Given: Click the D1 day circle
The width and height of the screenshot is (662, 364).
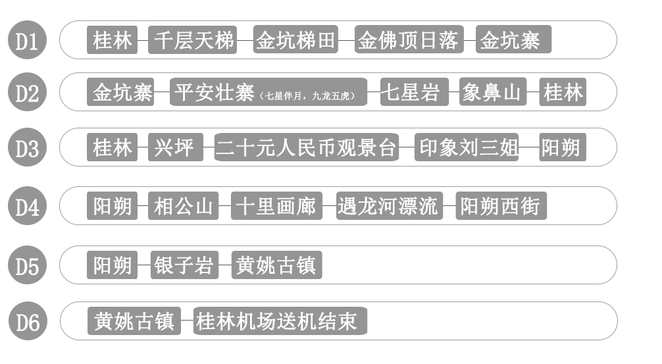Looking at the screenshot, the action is coord(27,39).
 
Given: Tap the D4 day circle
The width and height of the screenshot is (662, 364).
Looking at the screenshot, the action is coord(27,205).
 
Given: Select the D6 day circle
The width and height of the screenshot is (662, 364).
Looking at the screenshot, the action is coord(28,321).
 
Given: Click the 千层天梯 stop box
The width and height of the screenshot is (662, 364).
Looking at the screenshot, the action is coord(193,39).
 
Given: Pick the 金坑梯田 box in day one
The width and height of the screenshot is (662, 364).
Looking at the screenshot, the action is coord(295,39).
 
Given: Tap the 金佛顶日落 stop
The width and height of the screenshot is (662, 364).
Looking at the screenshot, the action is coord(409,39).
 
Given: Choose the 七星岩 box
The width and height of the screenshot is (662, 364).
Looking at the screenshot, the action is coord(414,91).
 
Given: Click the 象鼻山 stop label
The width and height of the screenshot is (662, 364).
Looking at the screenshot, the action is coord(493,91).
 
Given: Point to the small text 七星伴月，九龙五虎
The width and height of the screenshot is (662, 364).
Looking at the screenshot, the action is coord(307,96).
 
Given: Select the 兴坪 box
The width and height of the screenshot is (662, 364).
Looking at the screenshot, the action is coord(176,147).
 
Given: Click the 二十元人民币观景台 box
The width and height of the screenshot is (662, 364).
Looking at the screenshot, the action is coord(307,147).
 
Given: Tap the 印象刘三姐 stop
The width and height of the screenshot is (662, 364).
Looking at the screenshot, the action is coord(467,147).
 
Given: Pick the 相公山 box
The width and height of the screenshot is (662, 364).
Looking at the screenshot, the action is coord(183,205).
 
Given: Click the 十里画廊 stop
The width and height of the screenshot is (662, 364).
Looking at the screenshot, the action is coord(276,205).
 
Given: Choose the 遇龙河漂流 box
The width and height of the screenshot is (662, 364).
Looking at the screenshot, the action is coord(390,205).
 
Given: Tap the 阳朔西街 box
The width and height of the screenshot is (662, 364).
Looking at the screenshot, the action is coord(501,205).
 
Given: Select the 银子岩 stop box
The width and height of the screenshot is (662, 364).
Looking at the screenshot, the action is coord(184,265).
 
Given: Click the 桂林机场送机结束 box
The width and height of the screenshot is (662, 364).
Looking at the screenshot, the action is coord(280,321).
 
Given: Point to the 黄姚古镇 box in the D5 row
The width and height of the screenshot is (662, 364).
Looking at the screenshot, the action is coord(276,265).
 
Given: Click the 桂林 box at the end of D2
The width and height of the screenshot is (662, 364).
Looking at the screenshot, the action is coord(563,91).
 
